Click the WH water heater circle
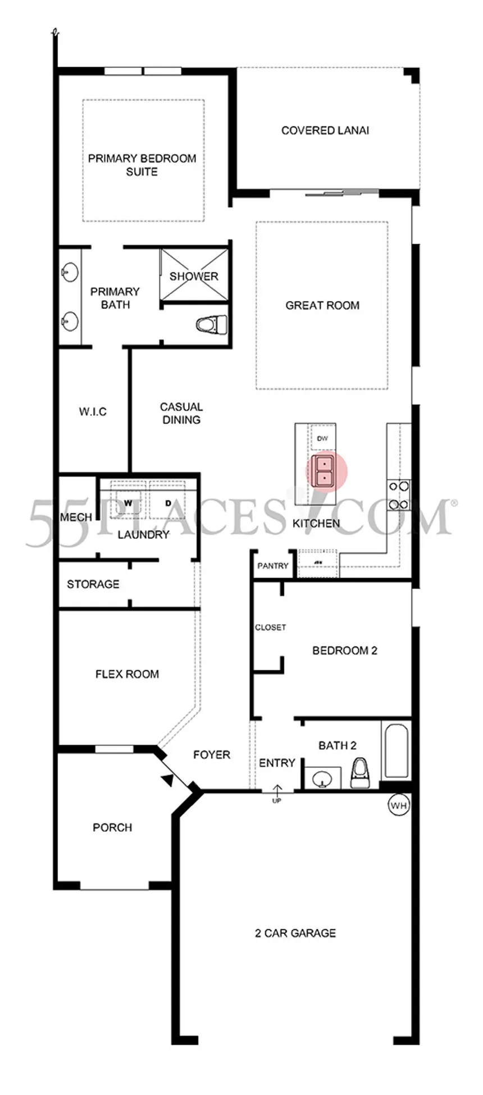coord(398,805)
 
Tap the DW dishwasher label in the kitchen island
coord(322,438)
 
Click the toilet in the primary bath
coord(212,324)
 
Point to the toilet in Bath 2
coord(359,773)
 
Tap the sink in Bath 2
coord(322,778)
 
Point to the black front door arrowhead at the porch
coord(167,779)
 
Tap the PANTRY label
coord(273,566)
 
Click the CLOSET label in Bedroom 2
coord(271,627)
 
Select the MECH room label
coord(76,517)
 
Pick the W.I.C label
coord(93,411)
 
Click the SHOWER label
coord(194,276)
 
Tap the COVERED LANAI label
coord(325,130)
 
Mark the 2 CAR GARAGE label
coord(295,933)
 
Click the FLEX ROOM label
coord(127,674)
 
